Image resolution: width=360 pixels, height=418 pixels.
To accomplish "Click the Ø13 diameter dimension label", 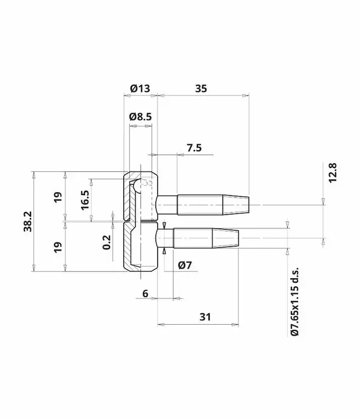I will tap(139, 88).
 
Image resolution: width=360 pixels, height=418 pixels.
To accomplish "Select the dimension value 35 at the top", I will tap(201, 88).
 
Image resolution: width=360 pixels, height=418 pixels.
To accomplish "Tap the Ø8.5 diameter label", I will tap(140, 117).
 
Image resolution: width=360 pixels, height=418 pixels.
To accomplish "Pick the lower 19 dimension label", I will tap(57, 247).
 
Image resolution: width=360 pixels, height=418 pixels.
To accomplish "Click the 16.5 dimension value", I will tap(85, 199).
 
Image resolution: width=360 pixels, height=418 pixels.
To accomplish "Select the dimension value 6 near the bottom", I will tap(145, 293).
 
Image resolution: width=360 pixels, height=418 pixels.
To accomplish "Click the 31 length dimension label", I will tap(205, 317).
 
